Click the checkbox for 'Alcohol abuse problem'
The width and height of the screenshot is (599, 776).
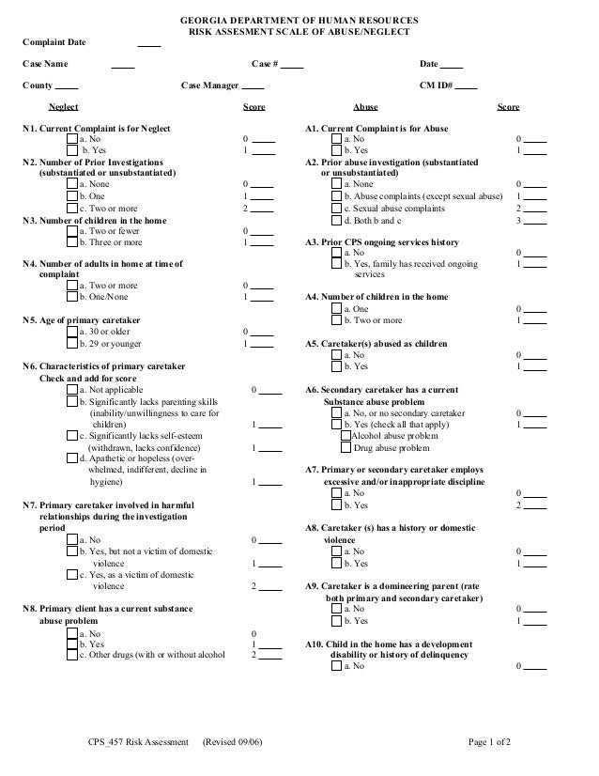pos(346,436)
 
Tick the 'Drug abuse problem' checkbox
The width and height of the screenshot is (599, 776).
pos(346,448)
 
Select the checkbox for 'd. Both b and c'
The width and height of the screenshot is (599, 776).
pos(337,221)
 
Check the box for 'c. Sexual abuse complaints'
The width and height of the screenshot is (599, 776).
pos(337,209)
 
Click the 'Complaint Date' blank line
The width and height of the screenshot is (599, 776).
pos(148,43)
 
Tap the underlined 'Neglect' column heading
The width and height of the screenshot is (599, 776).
pos(63,108)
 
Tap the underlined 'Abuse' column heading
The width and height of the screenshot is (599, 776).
pos(364,108)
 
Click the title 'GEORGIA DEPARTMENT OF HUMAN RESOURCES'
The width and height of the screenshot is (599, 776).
pos(299,20)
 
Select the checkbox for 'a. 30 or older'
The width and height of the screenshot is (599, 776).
pos(72,332)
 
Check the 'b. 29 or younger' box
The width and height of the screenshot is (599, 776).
pos(72,344)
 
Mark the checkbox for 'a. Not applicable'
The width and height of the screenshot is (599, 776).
pos(72,389)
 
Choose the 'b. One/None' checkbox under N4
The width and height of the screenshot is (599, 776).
pos(72,298)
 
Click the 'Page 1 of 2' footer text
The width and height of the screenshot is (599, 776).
pos(490,743)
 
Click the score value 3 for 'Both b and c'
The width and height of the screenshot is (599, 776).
pos(519,221)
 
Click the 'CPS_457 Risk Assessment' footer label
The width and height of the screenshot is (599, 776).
pos(139,743)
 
